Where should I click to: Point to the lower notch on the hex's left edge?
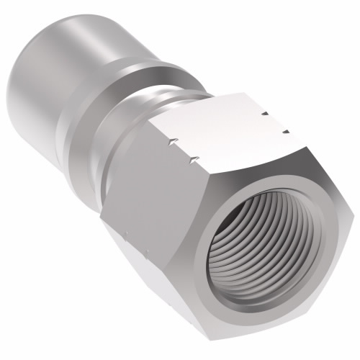pos(192,160)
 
